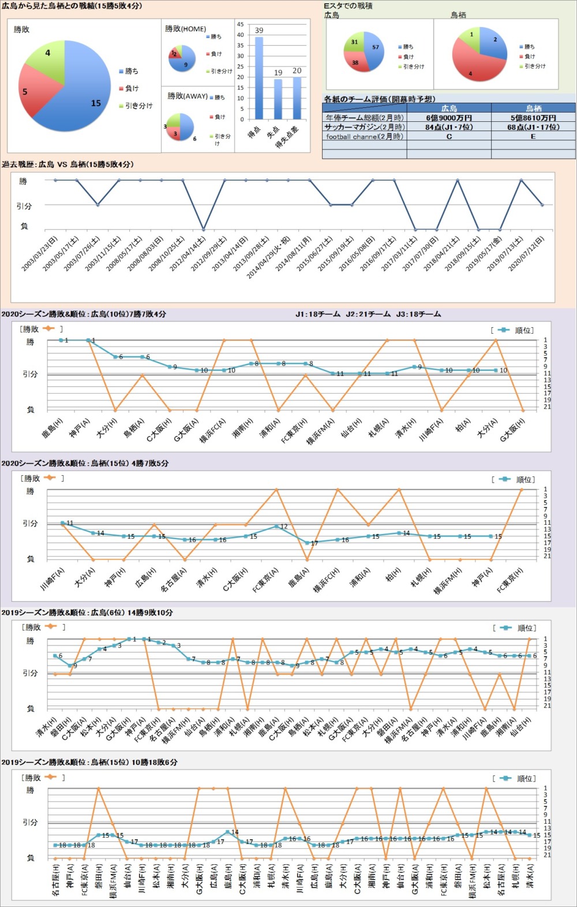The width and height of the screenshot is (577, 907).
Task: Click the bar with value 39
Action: click(259, 78)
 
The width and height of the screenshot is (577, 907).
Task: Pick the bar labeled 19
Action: click(278, 99)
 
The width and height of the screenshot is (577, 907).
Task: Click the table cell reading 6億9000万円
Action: click(449, 118)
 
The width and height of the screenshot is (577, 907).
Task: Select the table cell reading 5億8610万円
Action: click(533, 118)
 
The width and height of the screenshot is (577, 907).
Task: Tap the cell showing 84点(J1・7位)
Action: click(449, 127)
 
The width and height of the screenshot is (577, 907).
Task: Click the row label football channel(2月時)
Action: click(365, 137)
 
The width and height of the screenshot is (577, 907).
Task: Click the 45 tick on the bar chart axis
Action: click(241, 25)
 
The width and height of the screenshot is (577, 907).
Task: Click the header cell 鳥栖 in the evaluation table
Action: click(533, 108)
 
